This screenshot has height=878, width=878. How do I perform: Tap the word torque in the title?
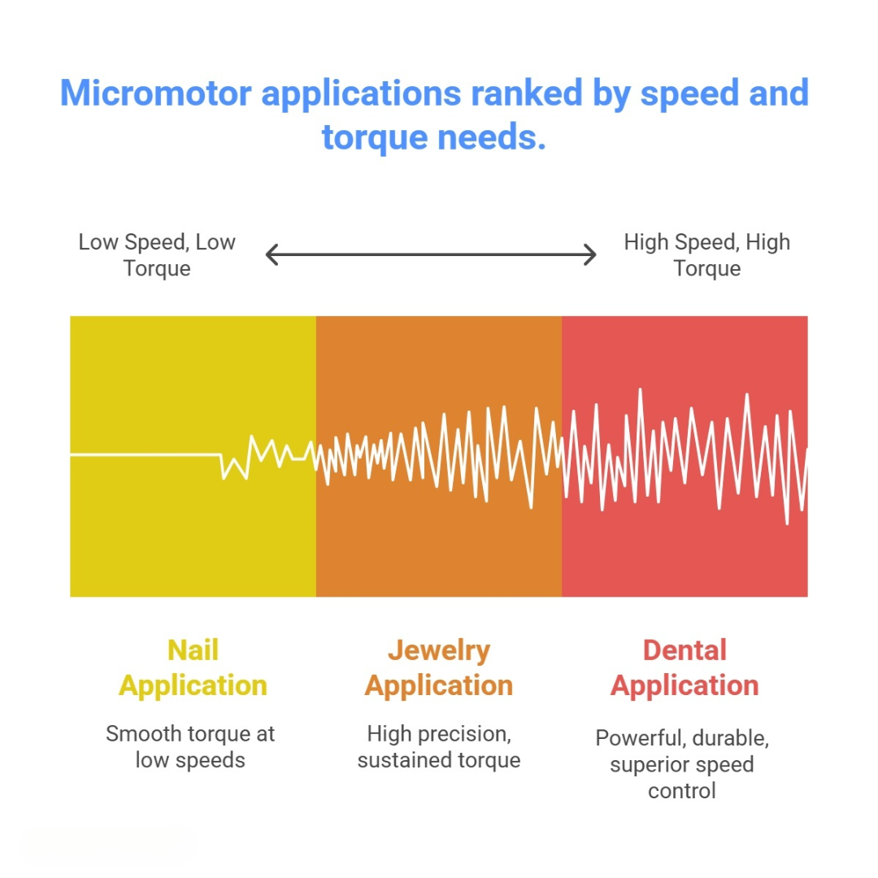(374, 137)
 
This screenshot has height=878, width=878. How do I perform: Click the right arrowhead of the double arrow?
(591, 255)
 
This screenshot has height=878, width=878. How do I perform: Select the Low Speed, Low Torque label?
(157, 255)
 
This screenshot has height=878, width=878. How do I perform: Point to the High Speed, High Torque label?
(706, 255)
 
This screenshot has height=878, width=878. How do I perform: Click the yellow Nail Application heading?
(193, 667)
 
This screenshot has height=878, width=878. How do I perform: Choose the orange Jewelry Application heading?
(439, 667)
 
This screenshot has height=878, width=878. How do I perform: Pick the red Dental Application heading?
(685, 667)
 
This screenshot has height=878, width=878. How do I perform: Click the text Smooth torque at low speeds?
(190, 746)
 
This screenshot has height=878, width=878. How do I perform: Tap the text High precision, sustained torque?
(439, 746)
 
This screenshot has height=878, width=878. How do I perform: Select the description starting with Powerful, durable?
(682, 764)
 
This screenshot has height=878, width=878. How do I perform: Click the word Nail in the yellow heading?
(193, 650)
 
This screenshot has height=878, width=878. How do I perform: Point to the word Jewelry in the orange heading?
(439, 650)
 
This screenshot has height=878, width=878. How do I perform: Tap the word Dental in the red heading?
(685, 650)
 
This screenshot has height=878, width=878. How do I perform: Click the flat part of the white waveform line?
(146, 455)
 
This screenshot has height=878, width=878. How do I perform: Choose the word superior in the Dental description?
(647, 765)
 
